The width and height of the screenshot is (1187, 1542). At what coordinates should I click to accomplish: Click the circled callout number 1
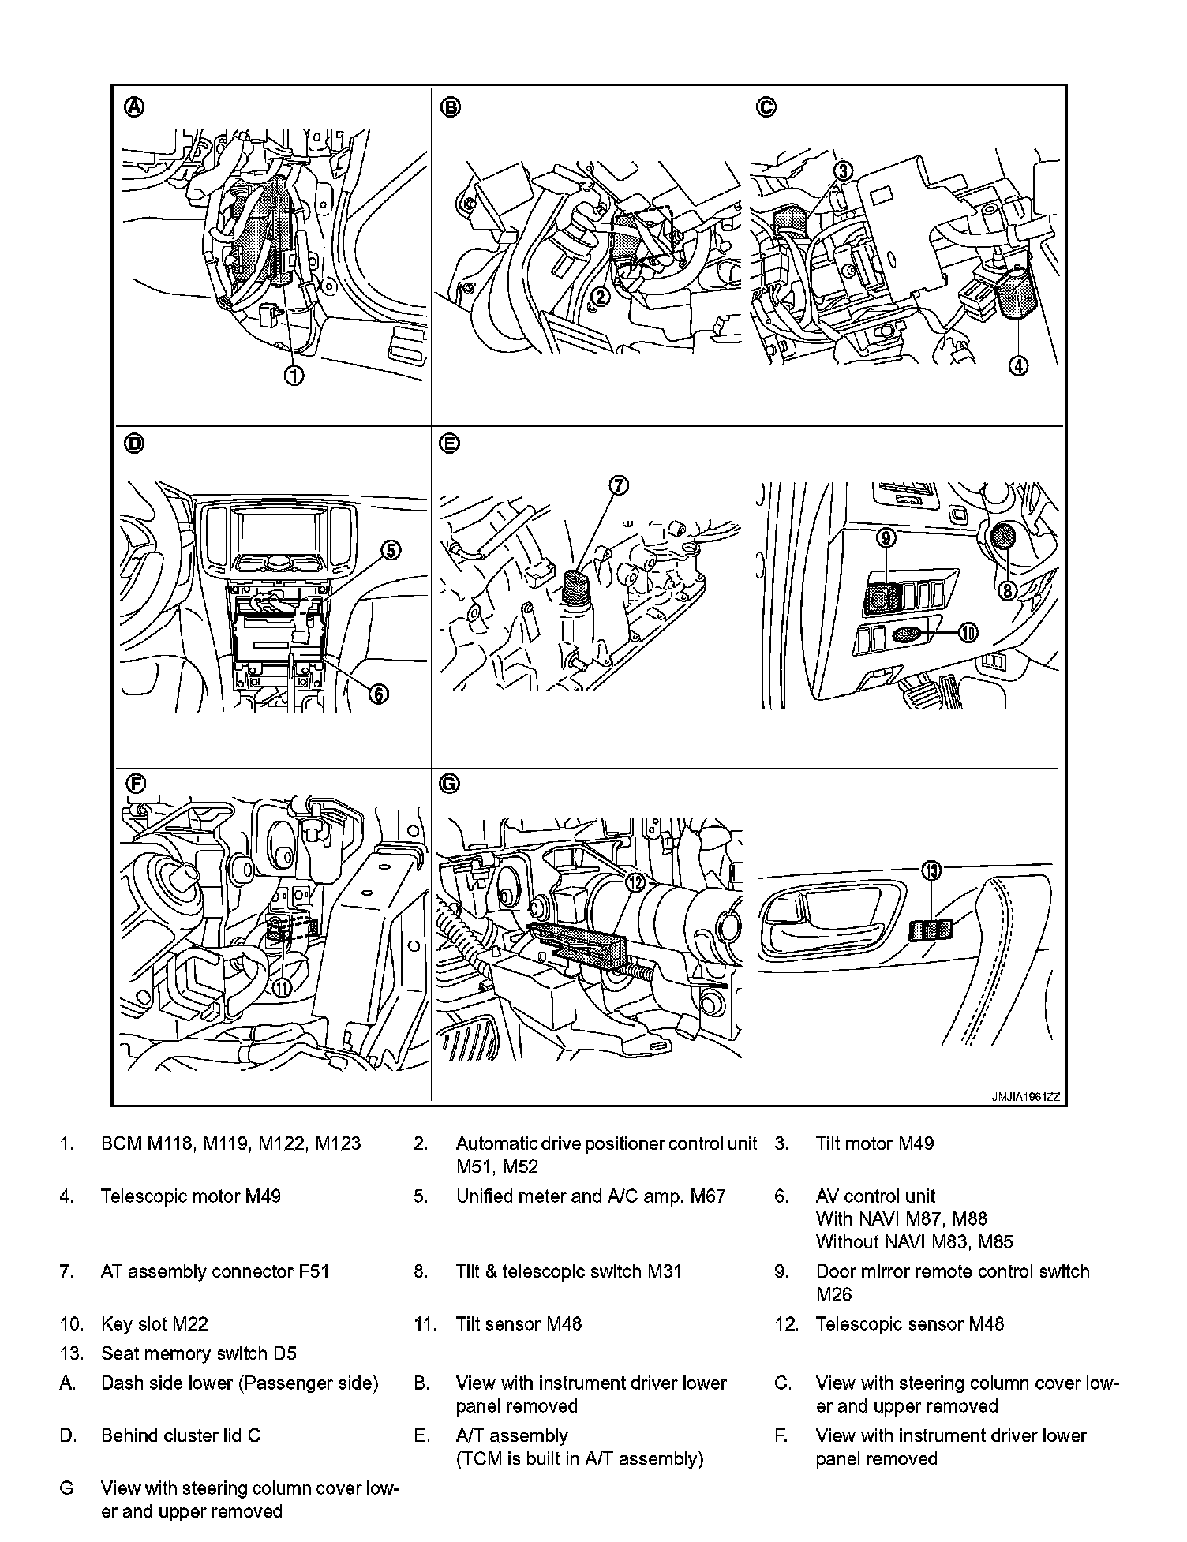[294, 376]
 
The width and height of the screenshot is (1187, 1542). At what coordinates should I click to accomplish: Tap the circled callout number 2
[601, 297]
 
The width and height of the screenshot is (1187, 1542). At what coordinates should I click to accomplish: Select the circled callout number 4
[1018, 365]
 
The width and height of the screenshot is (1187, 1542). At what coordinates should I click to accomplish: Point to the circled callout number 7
[619, 485]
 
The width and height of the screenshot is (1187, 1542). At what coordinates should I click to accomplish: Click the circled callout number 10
[968, 631]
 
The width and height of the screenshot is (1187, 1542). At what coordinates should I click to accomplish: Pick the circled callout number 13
[932, 870]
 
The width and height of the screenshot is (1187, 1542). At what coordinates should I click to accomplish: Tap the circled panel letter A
[135, 107]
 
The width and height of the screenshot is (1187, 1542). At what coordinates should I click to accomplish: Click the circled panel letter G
[449, 784]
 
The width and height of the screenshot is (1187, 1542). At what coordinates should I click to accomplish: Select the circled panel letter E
[449, 444]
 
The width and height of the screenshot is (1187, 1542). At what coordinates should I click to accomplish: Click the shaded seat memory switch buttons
[931, 930]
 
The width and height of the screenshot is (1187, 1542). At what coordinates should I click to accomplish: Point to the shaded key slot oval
[907, 633]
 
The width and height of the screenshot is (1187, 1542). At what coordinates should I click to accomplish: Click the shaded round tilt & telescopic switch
[1003, 537]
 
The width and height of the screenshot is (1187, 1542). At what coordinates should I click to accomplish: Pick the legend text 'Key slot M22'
[155, 1323]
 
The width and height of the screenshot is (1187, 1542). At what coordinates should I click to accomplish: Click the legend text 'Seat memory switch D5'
[199, 1353]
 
